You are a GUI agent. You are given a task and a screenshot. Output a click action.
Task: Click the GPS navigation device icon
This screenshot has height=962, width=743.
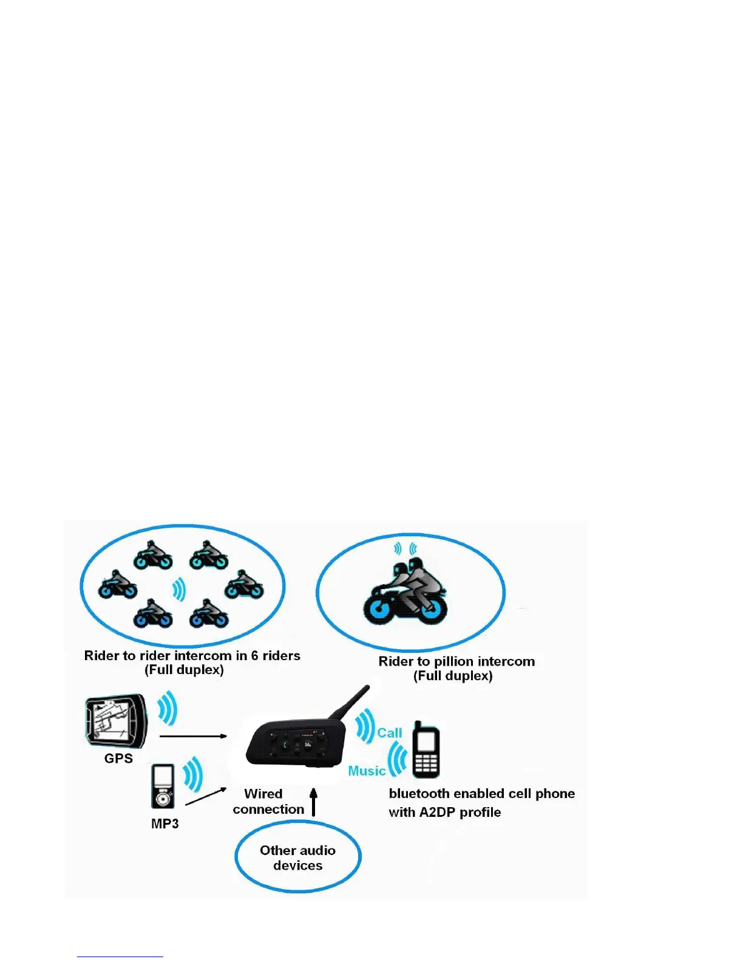[116, 722]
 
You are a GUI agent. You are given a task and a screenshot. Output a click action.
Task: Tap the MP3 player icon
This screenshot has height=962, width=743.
[163, 786]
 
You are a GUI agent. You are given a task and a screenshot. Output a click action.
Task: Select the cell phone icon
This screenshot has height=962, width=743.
[426, 749]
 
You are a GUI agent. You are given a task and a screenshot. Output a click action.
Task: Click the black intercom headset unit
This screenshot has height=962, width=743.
[296, 744]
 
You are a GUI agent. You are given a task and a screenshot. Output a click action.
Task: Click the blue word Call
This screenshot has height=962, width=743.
[389, 733]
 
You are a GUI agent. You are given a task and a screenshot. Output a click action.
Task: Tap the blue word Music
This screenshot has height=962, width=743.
[367, 771]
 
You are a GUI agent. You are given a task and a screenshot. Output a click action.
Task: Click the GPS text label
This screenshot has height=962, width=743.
[118, 759]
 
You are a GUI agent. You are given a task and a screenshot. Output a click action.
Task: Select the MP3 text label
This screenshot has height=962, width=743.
[165, 824]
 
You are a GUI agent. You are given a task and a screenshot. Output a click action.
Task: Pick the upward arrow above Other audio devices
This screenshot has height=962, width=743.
[314, 802]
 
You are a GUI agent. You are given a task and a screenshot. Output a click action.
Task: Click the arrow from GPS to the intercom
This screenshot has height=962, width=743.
[193, 736]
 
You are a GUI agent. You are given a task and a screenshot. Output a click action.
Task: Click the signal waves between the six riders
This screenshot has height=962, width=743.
[178, 589]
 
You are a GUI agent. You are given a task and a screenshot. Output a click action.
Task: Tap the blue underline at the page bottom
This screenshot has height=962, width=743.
[120, 957]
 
